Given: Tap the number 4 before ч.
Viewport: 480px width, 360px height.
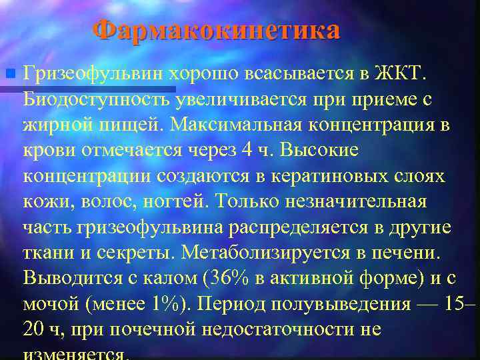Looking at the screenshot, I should pyautogui.click(x=247, y=150).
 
